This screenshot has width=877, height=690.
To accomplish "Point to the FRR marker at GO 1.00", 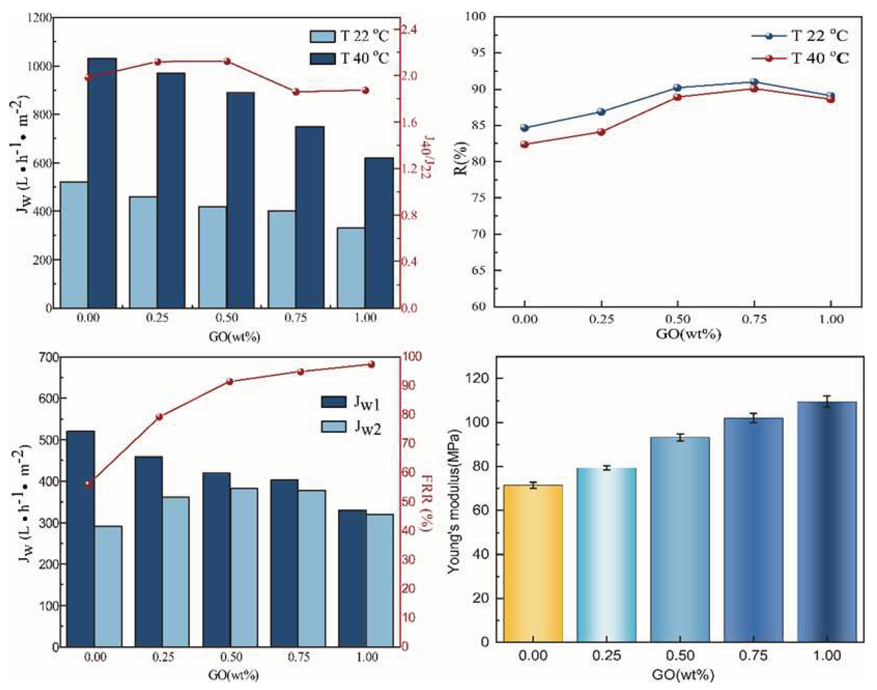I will click(x=372, y=364).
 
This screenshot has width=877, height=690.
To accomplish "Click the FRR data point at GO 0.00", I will click(x=89, y=484).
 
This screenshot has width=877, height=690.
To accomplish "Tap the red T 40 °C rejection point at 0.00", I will click(x=524, y=144).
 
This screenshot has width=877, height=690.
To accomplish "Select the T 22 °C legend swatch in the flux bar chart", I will click(x=322, y=36).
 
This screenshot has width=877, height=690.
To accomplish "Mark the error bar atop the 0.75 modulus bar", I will click(x=753, y=418).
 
